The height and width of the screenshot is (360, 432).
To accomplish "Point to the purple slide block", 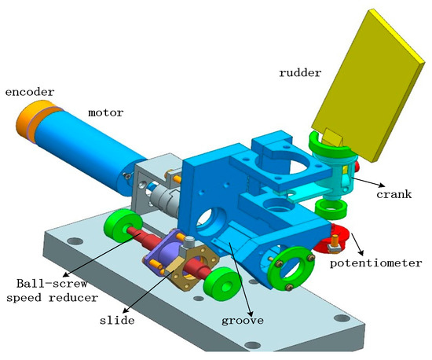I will point(161,251).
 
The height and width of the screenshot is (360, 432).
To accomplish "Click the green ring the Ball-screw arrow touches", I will point(119,228).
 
